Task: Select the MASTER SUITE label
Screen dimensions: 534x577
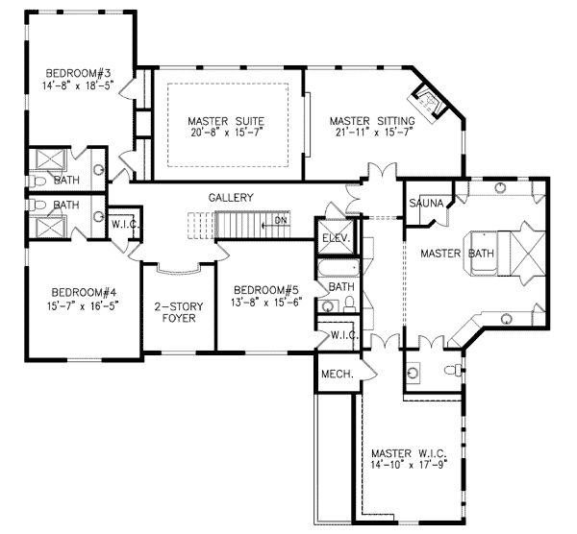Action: tap(226, 120)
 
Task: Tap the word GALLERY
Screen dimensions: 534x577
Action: tap(231, 198)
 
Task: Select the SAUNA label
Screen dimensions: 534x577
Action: tap(424, 204)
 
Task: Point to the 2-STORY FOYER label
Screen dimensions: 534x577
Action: tap(178, 313)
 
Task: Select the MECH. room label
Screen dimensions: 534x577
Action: tap(338, 373)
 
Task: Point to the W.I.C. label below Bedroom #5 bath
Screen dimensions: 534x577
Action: tap(343, 336)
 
